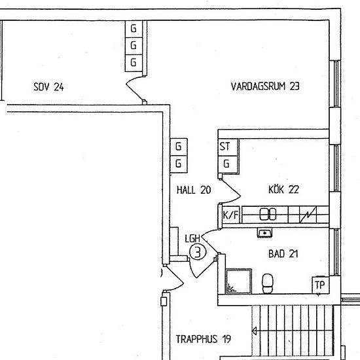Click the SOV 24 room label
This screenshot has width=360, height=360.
(48, 87)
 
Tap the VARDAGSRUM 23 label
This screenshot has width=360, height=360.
(265, 86)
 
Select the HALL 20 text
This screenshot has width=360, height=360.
(194, 190)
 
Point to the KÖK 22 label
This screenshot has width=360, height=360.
(283, 190)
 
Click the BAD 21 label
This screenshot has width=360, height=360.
(283, 254)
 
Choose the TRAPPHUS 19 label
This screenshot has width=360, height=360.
(204, 339)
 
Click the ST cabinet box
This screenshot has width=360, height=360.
(228, 147)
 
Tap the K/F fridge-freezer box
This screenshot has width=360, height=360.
(231, 215)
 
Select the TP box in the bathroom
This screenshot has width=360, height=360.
(320, 285)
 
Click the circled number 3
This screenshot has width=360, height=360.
(198, 252)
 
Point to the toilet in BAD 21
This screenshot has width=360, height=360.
(268, 283)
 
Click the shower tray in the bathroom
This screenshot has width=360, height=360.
(239, 281)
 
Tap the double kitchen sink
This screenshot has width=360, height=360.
(268, 214)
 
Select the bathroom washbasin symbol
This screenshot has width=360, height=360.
(264, 233)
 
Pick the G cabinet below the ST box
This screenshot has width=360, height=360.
(228, 164)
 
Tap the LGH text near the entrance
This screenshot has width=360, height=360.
(192, 238)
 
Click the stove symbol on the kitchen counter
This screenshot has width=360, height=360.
(308, 215)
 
